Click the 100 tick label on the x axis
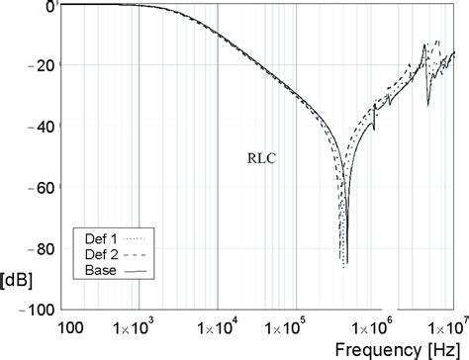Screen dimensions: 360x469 (x=70, y=327)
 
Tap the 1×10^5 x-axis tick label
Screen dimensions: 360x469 (x=293, y=327)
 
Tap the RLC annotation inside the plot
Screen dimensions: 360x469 (x=261, y=156)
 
